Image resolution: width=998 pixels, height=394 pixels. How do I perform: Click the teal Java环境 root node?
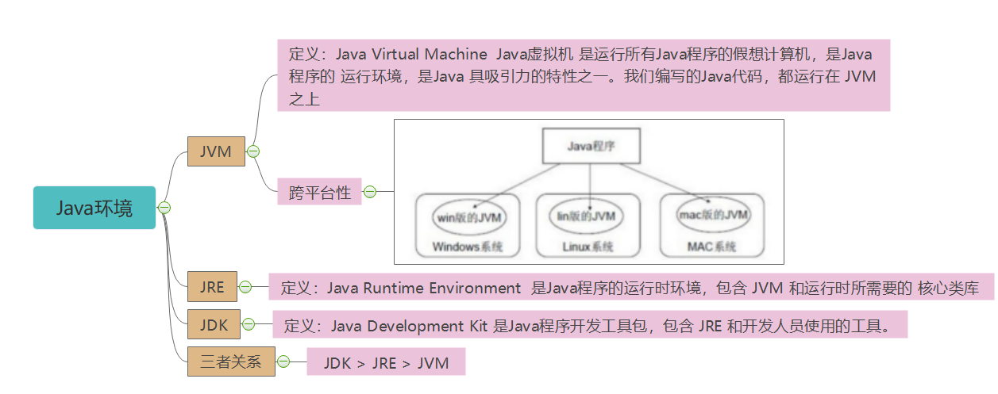94,208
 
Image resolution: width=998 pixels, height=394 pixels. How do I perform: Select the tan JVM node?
216,151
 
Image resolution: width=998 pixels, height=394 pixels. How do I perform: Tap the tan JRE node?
212,286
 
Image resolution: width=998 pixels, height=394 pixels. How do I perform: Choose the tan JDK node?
214,324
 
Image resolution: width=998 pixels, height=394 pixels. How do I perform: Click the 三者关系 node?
231,361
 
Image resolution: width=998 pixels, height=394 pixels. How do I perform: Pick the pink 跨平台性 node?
319,192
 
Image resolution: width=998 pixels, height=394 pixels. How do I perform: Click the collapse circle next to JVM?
253,151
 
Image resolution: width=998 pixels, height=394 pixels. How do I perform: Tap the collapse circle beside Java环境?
164,208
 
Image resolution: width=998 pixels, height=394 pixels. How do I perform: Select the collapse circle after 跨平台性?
370,192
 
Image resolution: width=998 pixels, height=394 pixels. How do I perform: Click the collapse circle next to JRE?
245,287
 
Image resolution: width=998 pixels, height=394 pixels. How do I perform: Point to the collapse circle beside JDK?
249,324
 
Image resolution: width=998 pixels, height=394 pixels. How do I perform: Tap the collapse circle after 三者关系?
283,361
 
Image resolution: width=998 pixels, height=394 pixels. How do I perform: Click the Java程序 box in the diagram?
591,146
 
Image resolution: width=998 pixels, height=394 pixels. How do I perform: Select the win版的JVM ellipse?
469,217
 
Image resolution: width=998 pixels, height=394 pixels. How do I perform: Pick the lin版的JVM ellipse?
586,216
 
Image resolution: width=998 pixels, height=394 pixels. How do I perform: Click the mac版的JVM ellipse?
713,214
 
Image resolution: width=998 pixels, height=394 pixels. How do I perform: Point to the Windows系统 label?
468,247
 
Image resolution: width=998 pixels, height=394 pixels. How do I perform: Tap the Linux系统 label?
588,247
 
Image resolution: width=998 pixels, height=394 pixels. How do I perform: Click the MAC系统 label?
711,247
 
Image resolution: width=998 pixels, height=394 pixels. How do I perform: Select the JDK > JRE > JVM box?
386,361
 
